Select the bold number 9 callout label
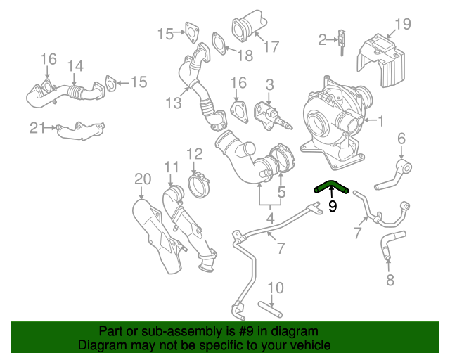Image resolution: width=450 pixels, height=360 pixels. [x=333, y=207]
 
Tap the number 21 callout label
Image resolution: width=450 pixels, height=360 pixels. [x=37, y=127]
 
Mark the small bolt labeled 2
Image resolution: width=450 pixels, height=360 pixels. [x=342, y=40]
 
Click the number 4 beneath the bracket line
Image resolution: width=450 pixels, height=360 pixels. [x=270, y=219]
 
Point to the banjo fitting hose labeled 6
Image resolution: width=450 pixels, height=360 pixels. [x=401, y=169]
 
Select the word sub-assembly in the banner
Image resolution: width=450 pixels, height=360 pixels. [x=151, y=331]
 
